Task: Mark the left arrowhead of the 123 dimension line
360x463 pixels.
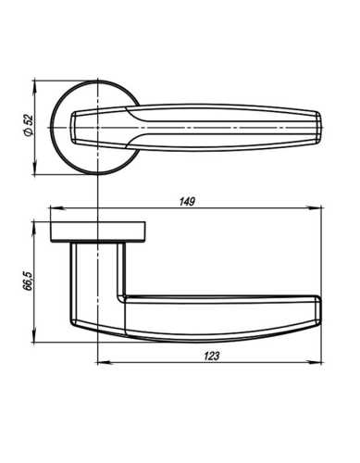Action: (x=100, y=361)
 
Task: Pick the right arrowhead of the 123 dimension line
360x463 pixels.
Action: (x=326, y=361)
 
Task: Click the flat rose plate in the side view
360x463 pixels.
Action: (x=97, y=230)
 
